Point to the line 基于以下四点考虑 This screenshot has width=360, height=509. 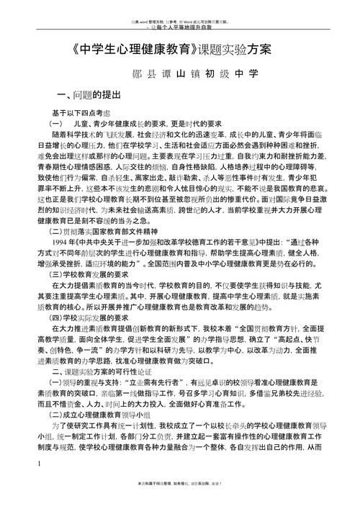click(x=81, y=113)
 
